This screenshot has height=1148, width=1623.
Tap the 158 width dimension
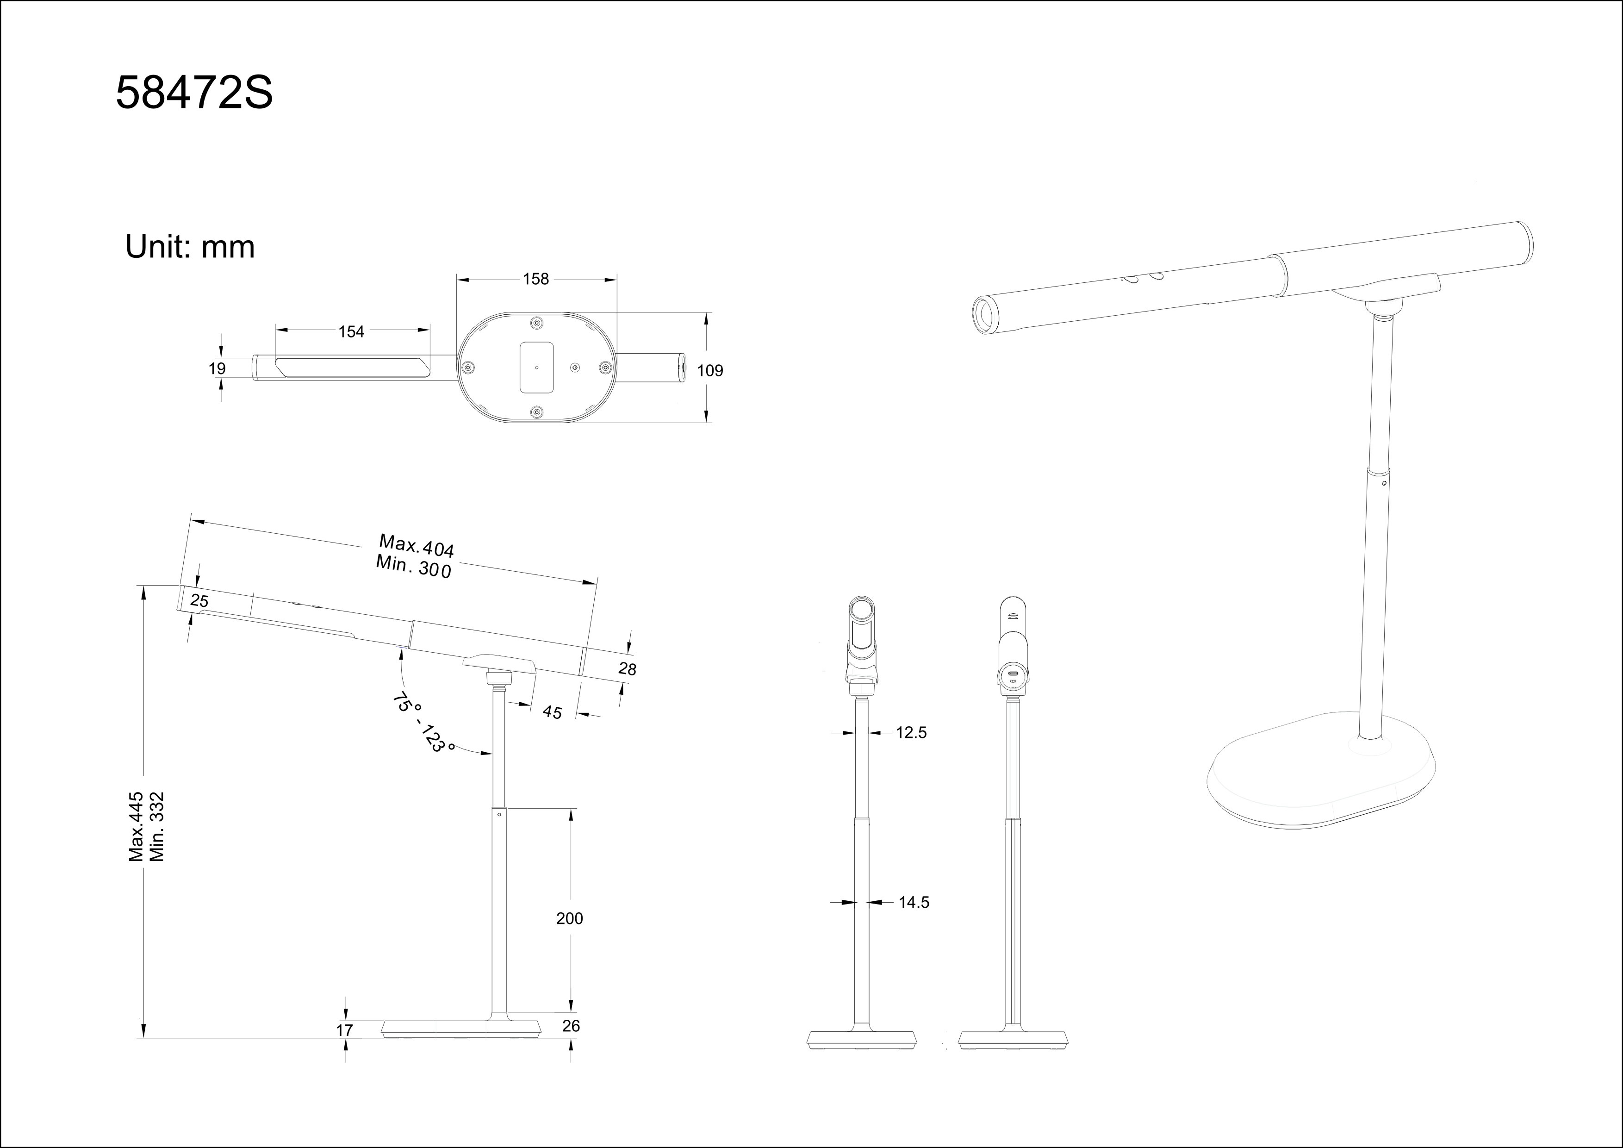click(536, 279)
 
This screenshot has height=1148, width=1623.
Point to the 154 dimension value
click(351, 331)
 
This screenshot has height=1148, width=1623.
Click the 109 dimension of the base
click(710, 370)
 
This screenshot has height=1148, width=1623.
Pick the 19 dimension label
click(217, 368)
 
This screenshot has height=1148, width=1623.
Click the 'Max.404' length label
click(417, 545)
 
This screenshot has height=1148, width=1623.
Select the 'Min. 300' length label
click(414, 566)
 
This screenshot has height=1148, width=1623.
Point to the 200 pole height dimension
click(570, 918)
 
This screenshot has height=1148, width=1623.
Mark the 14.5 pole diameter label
click(914, 902)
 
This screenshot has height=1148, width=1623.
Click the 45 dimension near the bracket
click(552, 712)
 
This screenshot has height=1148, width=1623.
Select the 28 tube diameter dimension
click(627, 669)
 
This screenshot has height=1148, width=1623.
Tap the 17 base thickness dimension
click(344, 1030)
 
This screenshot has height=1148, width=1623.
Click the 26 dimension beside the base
click(571, 1026)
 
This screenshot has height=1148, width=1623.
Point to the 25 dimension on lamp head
click(199, 601)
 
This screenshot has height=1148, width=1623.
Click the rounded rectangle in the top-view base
click(536, 368)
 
